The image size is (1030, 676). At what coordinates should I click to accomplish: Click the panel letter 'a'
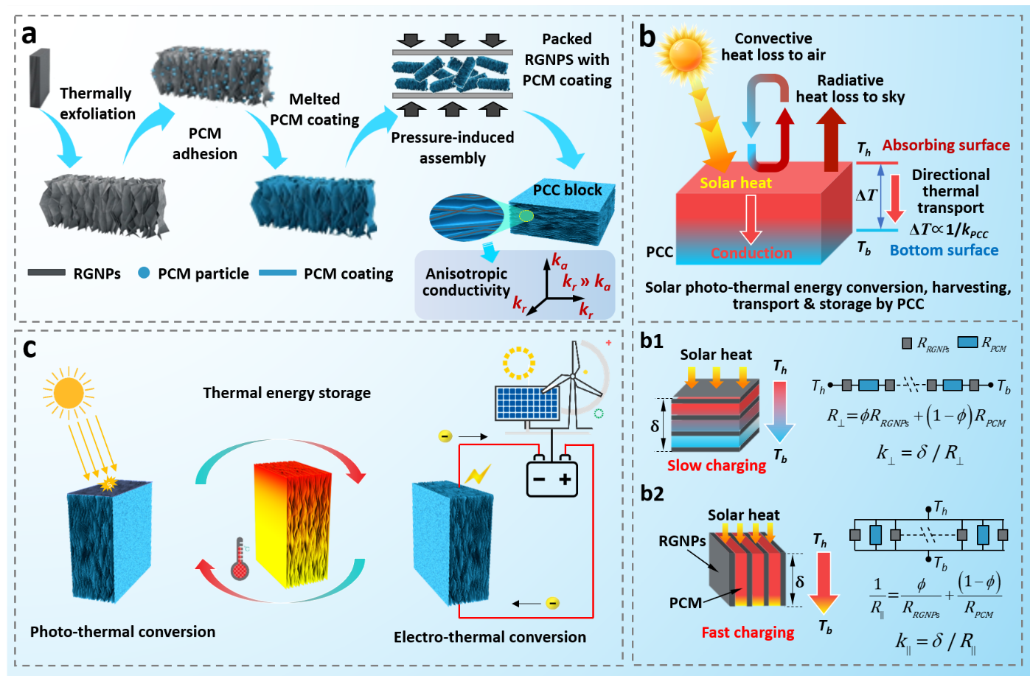[x=29, y=34]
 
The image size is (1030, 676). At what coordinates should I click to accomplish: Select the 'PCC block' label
[x=567, y=189]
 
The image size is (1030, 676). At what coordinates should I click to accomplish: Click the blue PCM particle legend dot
[x=144, y=273]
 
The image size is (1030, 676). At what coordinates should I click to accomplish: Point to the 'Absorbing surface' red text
[x=946, y=145]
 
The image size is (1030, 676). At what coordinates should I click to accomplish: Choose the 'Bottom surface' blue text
[x=944, y=250]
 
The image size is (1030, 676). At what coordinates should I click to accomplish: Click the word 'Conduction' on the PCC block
[x=751, y=253]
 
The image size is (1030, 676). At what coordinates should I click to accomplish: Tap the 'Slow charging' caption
[x=717, y=465]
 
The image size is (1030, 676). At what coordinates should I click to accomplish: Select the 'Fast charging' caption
[x=748, y=632]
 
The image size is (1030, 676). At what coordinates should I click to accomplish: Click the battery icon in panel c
[x=552, y=478]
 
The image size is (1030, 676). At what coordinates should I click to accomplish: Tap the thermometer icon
[x=240, y=559]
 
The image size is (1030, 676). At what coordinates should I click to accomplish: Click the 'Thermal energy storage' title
[x=287, y=393]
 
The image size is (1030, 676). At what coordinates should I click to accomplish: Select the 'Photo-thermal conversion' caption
[x=122, y=631]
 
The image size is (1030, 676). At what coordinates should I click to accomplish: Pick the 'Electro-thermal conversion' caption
[x=490, y=637]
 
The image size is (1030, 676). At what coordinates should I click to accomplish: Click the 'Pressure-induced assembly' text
[x=452, y=147]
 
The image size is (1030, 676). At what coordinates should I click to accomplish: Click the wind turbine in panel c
[x=573, y=380]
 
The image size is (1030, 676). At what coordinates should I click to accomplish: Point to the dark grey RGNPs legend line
[x=46, y=273]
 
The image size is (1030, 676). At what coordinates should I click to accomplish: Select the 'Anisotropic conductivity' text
[x=466, y=282]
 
